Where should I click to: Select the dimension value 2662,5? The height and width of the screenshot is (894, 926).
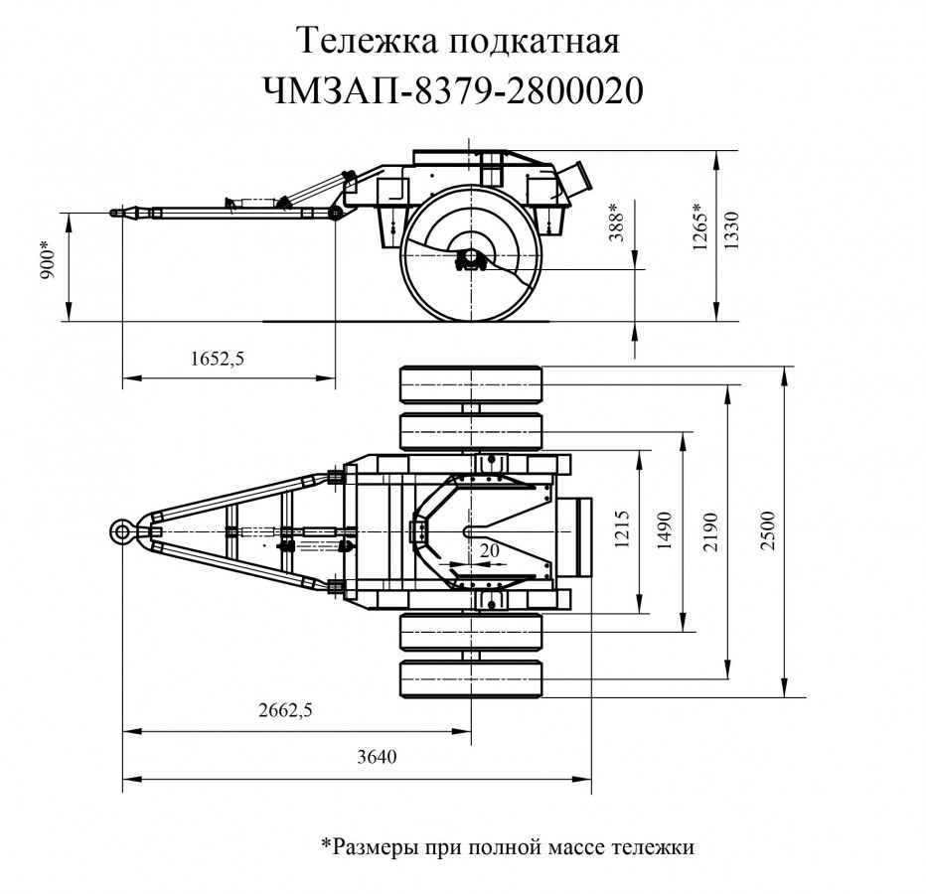[x=284, y=710]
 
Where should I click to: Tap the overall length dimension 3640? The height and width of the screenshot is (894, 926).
[x=377, y=758]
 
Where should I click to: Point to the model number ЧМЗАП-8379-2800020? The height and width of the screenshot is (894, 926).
[x=453, y=91]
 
